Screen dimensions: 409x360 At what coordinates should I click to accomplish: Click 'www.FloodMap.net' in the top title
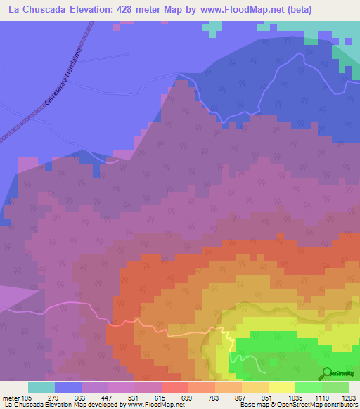[x=241, y=10]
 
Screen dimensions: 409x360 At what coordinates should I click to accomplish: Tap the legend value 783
[x=214, y=398]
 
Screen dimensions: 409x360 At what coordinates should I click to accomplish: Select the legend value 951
[x=268, y=398]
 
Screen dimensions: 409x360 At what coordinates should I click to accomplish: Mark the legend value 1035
[x=295, y=398]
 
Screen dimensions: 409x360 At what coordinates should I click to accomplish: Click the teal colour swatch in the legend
[x=41, y=387]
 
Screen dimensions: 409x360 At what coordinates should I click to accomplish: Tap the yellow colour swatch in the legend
[x=281, y=387]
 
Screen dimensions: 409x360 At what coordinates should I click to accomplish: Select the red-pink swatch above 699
[x=174, y=387]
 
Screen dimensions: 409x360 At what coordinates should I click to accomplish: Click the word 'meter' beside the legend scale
[x=10, y=398]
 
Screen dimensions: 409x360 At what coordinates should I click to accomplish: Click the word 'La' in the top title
[x=13, y=10]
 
